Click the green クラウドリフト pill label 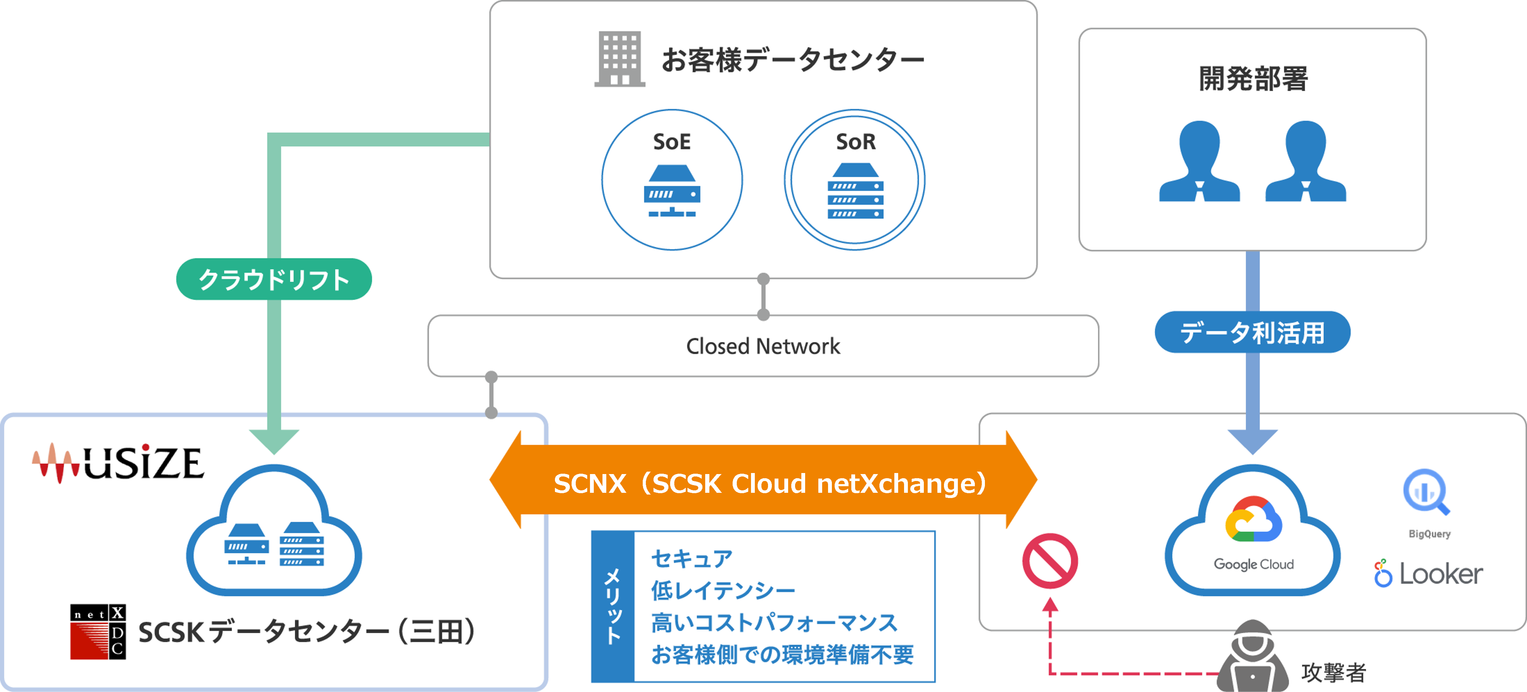pos(274,279)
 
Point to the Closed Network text pos(763,346)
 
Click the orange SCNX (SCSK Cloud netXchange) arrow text pos(769,483)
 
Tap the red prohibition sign pos(1050,561)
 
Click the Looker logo pos(1428,573)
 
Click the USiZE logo pos(119,463)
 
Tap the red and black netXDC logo pos(98,632)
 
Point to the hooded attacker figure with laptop pos(1252,658)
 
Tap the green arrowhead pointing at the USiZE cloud pos(274,441)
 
